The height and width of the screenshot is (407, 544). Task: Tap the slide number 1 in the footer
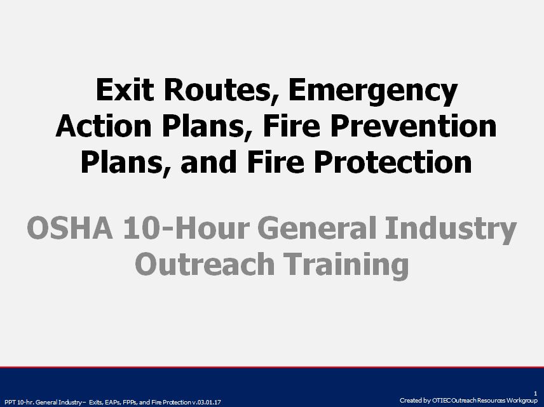(x=536, y=394)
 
